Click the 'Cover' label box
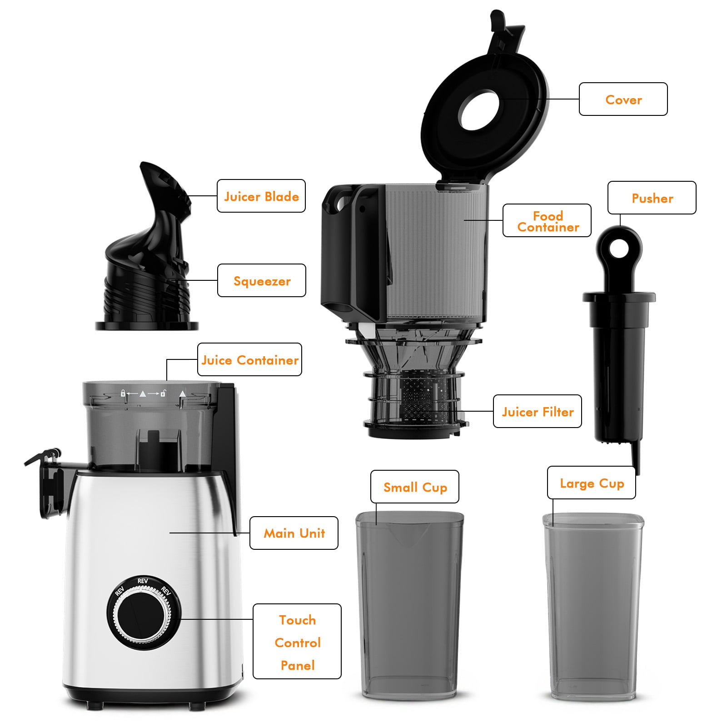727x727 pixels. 623,99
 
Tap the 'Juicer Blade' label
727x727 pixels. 261,196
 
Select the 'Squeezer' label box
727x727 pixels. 262,280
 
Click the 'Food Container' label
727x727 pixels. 547,220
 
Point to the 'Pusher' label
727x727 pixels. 652,198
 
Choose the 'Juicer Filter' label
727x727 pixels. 538,411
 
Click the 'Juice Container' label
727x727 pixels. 250,359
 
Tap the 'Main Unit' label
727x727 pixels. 294,533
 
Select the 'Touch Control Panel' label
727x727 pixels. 297,642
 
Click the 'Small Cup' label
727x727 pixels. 415,487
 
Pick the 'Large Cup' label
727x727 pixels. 592,483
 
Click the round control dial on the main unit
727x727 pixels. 144,615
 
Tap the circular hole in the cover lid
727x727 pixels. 479,110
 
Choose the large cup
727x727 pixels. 593,607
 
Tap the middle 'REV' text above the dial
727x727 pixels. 143,581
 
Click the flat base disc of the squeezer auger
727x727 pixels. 147,325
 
